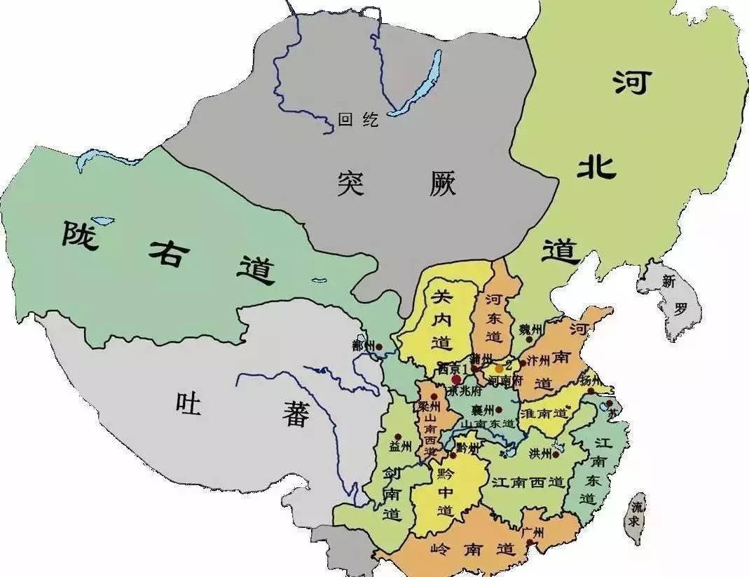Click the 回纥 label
coord(357,120)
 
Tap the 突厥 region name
coord(396,184)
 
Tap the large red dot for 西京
coord(456,379)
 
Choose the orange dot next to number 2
coord(499,368)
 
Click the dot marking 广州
coord(530,542)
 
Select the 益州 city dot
coord(398,436)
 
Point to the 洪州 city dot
coord(556,454)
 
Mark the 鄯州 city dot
coord(378,346)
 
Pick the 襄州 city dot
coord(499,409)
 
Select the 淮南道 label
coord(543,414)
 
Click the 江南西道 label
coord(528,482)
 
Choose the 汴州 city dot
coord(522,363)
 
